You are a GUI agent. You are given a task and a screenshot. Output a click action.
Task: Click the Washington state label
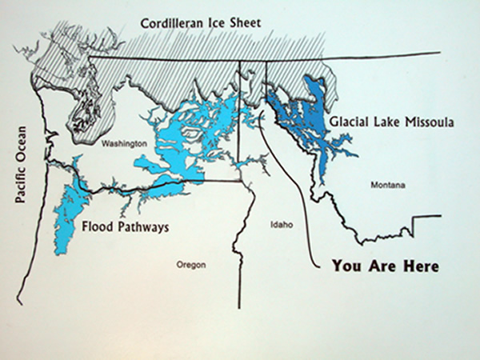point(124,143)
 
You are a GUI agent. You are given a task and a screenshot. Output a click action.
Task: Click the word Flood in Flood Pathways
point(97,227)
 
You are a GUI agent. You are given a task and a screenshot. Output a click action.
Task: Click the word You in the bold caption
point(346,266)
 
